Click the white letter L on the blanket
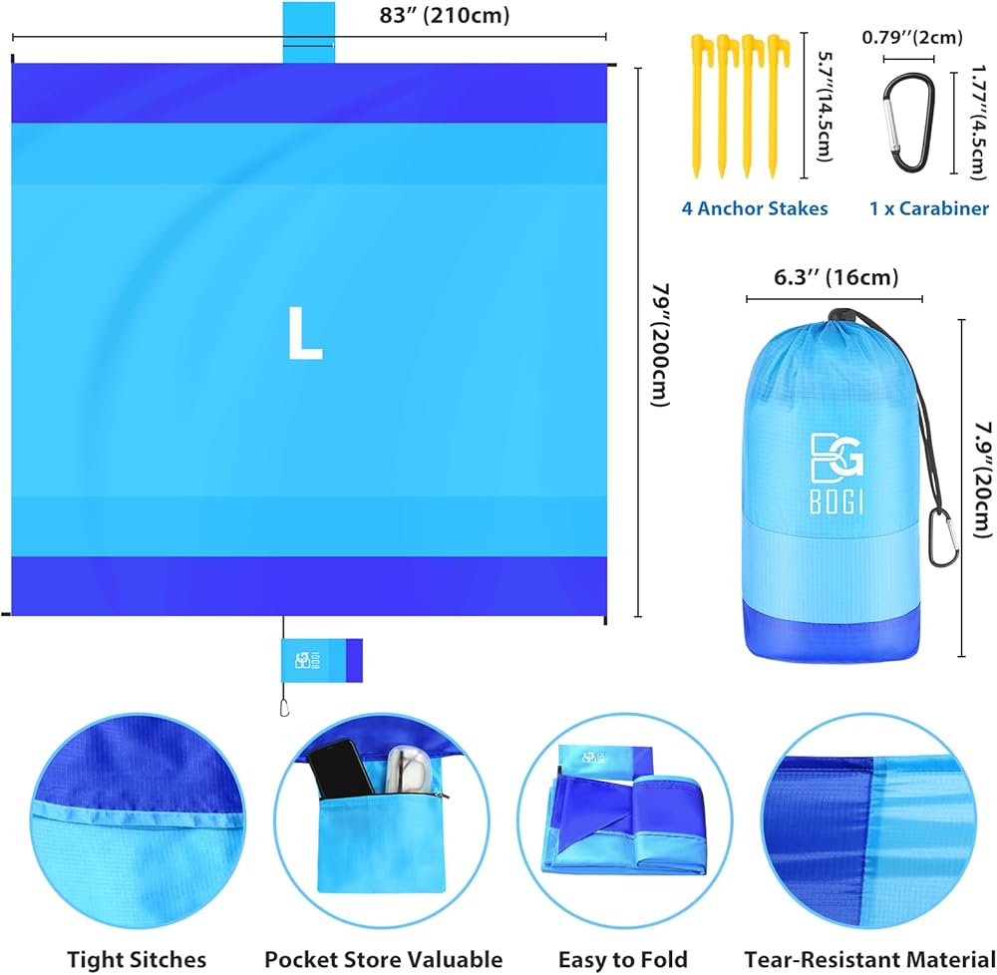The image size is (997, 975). [304, 334]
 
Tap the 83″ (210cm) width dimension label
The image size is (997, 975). [445, 15]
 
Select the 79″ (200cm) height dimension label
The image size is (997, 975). [662, 345]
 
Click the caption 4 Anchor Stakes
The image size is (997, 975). [755, 208]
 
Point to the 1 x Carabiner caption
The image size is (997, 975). [929, 208]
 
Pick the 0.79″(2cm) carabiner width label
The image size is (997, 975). [912, 38]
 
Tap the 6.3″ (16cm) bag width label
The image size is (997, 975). [835, 277]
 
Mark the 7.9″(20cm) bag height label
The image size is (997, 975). [983, 480]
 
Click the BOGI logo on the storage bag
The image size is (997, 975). [836, 474]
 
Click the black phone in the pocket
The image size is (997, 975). [340, 769]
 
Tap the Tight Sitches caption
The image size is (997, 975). [137, 959]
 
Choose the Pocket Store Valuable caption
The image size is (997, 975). [384, 959]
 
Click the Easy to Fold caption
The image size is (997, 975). [623, 959]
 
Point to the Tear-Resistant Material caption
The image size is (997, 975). [869, 959]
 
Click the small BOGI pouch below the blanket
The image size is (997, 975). [322, 660]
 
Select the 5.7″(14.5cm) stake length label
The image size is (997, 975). [825, 106]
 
